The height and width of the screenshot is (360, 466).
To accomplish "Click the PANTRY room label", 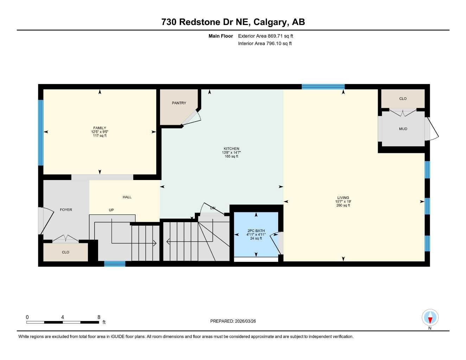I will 179,103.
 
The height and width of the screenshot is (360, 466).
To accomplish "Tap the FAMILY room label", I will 100,128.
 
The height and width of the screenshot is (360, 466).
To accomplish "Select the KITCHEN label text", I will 231,149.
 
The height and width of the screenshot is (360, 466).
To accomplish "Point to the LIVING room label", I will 343,198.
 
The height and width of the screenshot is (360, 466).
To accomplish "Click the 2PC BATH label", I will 256,231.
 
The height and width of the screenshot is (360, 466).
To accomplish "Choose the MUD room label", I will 403,129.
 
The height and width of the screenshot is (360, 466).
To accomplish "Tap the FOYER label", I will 66,210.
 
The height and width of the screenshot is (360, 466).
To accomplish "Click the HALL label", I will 127,197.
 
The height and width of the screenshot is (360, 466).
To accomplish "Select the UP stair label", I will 111,210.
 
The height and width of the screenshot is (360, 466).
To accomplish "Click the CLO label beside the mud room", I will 403,99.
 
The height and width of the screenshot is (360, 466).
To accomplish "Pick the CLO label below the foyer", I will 65,252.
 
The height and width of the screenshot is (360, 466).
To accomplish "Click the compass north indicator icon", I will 430,318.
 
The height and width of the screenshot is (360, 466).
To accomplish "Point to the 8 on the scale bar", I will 99,317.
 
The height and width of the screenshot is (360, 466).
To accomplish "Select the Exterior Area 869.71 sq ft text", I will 266,36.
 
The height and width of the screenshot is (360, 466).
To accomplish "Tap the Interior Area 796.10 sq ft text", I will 265,44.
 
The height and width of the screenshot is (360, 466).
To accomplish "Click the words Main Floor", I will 221,36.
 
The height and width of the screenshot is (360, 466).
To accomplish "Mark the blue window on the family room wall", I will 41,133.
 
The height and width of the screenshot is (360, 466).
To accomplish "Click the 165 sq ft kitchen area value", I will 231,156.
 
